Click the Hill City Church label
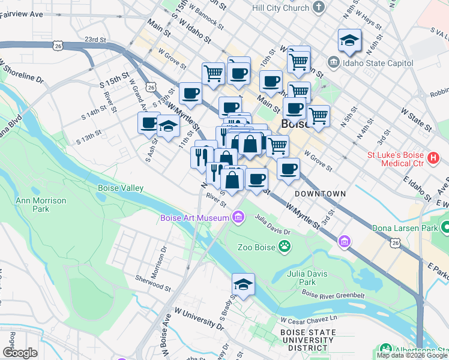point(280,8)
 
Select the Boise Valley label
point(121,188)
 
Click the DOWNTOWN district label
point(320,194)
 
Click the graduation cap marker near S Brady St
point(243,284)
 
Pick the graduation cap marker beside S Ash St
point(169,125)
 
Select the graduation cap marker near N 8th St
point(349,40)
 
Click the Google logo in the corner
point(20,353)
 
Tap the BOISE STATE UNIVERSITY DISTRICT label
point(307,340)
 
